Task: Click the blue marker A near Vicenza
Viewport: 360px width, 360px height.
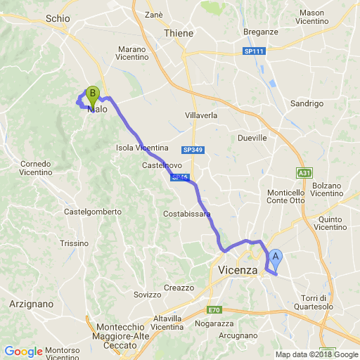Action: [x=276, y=257]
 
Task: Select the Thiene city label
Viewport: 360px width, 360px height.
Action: [x=179, y=33]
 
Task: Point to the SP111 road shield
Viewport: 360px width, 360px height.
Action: [x=254, y=52]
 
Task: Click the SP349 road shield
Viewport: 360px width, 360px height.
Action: [x=191, y=150]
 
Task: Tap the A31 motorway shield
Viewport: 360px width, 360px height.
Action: [x=303, y=172]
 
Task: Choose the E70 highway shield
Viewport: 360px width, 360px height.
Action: [x=214, y=310]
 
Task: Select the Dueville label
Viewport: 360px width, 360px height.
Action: [x=252, y=139]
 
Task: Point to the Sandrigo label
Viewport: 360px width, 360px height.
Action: [x=306, y=103]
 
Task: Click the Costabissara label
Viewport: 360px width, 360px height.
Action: [x=187, y=213]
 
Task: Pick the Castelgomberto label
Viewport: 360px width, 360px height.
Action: [x=94, y=211]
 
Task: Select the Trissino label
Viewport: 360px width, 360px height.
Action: [x=74, y=243]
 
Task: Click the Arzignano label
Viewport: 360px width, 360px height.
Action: [x=32, y=304]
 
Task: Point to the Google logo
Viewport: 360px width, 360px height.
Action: [x=23, y=351]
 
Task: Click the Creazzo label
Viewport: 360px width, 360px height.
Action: [x=179, y=288]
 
